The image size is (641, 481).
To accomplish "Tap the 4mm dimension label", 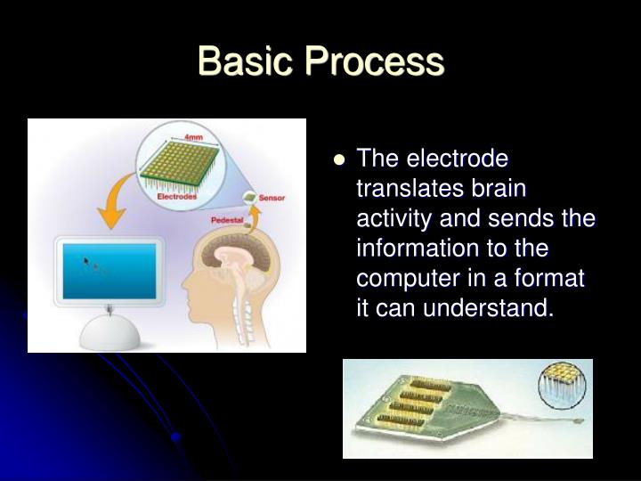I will coord(193,137).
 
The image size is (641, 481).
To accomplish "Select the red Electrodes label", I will coord(177,196).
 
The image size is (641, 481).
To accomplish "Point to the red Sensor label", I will coord(272,197).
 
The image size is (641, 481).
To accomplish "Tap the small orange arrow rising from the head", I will coord(253,214).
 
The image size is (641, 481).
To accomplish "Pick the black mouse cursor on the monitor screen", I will coord(86,261).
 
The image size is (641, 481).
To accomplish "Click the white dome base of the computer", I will coord(110,333).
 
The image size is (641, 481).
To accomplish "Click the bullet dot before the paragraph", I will coord(338,160).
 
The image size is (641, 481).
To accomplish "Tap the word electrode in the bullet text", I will coord(458,159).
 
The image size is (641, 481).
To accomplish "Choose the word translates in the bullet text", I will coord(405,190).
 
